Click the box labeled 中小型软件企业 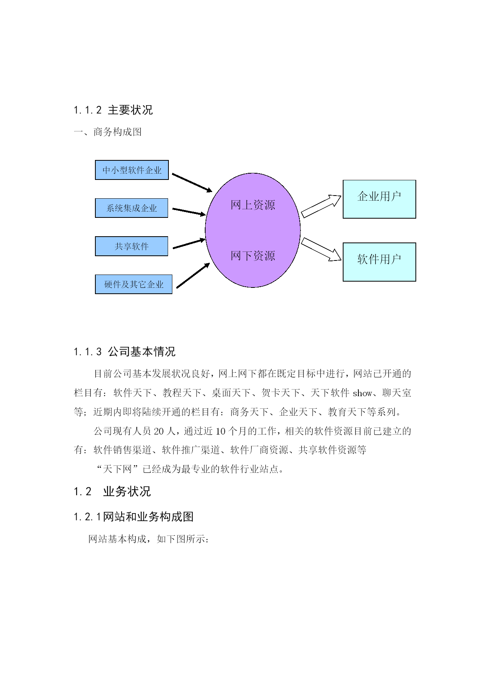(x=132, y=170)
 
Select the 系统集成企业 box (x=132, y=208)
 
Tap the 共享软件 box (x=132, y=246)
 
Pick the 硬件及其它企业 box (x=134, y=284)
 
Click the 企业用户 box (x=379, y=199)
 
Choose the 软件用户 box (x=379, y=262)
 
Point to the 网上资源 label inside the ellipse (x=253, y=205)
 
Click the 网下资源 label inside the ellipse (x=253, y=256)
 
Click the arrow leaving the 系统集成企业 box (x=189, y=212)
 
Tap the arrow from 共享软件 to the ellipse (x=189, y=243)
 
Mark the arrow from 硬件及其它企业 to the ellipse (x=193, y=276)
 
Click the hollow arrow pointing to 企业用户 (x=321, y=206)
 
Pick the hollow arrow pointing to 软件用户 (x=321, y=249)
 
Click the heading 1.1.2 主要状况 (x=113, y=110)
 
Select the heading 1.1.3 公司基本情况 (x=124, y=352)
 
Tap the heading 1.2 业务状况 (x=112, y=492)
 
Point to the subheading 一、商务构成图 (x=108, y=132)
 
